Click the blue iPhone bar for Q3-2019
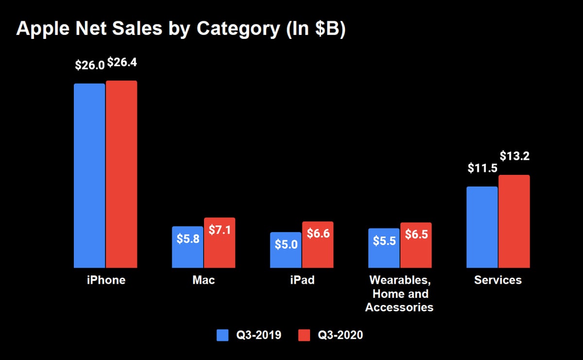pyautogui.click(x=89, y=176)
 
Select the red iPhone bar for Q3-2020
pyautogui.click(x=121, y=174)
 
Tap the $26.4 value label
pyautogui.click(x=122, y=63)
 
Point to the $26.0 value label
pyautogui.click(x=90, y=65)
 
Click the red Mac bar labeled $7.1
pyautogui.click(x=220, y=242)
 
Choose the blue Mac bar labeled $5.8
pyautogui.click(x=188, y=247)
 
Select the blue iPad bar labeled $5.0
pyautogui.click(x=286, y=250)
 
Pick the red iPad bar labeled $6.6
pyautogui.click(x=318, y=245)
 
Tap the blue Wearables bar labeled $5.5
pyautogui.click(x=384, y=248)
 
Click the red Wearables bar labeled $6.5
pyautogui.click(x=416, y=245)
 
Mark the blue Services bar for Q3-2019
pyautogui.click(x=482, y=227)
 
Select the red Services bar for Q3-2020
pyautogui.click(x=514, y=221)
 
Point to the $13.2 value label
pyautogui.click(x=514, y=156)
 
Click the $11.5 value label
pyautogui.click(x=482, y=168)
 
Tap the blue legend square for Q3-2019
pyautogui.click(x=223, y=335)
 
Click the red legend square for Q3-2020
pyautogui.click(x=304, y=335)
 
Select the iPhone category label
pyautogui.click(x=106, y=280)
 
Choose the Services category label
pyautogui.click(x=498, y=280)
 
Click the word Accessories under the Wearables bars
pyautogui.click(x=399, y=308)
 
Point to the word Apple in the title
pyautogui.click(x=43, y=29)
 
